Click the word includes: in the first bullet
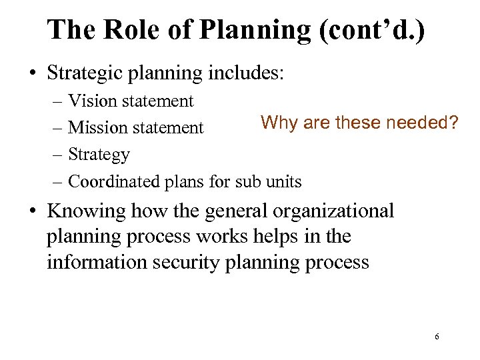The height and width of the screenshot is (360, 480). pos(249,71)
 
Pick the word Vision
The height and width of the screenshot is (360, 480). pos(91,101)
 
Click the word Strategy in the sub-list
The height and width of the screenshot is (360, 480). pos(99,155)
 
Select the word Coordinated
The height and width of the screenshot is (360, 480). pos(114,181)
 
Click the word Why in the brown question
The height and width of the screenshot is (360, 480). pos(277,123)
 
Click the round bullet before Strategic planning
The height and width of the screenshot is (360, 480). pos(31,72)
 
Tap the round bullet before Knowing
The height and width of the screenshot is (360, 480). pos(31,212)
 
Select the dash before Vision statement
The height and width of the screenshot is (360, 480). pos(56,102)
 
